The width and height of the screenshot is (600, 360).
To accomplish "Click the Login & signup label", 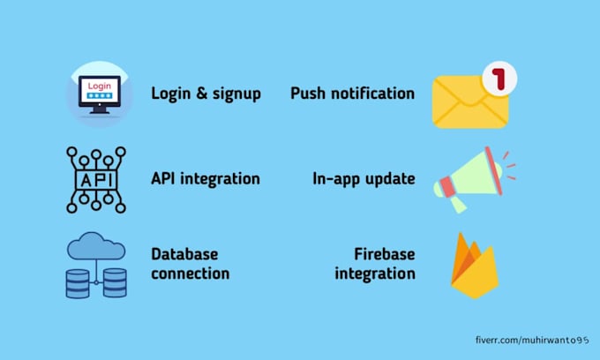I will click(206, 94).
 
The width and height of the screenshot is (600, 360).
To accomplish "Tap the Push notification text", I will click(352, 94).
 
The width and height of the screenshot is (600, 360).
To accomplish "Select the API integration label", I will click(206, 178).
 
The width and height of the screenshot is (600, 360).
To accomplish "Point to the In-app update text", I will click(364, 178).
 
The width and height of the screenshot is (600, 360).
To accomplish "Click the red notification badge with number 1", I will click(499, 79).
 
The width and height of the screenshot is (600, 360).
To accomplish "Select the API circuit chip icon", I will click(96, 179).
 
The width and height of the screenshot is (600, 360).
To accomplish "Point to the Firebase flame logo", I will click(474, 266).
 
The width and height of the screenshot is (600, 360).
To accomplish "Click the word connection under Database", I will click(190, 274).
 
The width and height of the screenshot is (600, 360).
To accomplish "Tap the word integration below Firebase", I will click(374, 274).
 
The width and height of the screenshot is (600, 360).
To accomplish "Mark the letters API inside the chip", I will click(96, 179).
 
